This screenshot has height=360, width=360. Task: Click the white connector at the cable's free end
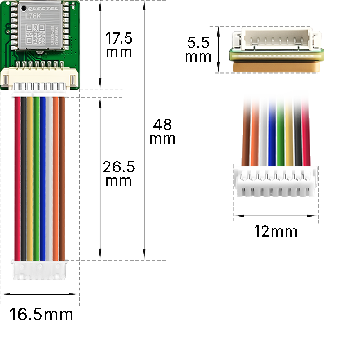click(x=40, y=270)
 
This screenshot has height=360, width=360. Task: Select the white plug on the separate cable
click(x=275, y=182)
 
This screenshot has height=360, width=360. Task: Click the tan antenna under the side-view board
click(x=275, y=65)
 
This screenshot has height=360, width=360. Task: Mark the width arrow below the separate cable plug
click(x=275, y=216)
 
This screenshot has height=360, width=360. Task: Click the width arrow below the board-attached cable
click(x=40, y=294)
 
